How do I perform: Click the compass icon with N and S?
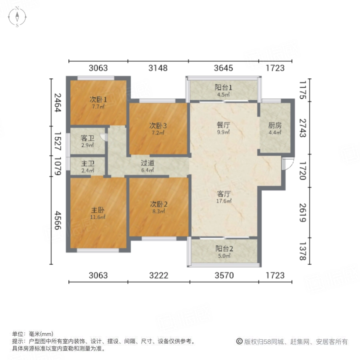(18, 18)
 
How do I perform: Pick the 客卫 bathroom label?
(87, 138)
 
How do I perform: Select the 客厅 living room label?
(223, 194)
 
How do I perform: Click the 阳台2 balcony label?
(223, 248)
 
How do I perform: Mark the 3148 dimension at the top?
(158, 68)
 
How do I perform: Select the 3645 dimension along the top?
(223, 68)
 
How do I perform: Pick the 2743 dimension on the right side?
(302, 128)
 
